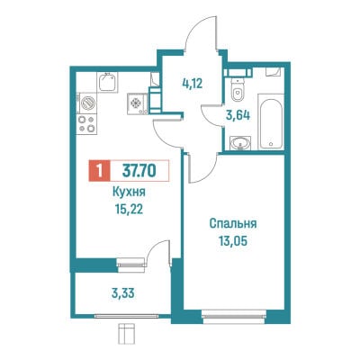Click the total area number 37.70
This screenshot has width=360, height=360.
pyautogui.click(x=139, y=171)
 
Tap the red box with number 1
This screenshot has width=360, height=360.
pyautogui.click(x=100, y=171)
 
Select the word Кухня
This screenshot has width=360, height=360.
pyautogui.click(x=129, y=192)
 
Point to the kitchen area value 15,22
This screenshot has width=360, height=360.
pyautogui.click(x=129, y=210)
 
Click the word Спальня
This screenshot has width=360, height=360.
pyautogui.click(x=233, y=224)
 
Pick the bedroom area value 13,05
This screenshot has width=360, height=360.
pyautogui.click(x=233, y=241)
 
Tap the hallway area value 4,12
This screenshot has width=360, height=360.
pyautogui.click(x=193, y=83)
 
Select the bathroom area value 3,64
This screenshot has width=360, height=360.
pyautogui.click(x=238, y=115)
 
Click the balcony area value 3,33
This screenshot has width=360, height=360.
pyautogui.click(x=122, y=293)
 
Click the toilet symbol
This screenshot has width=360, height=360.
pyautogui.click(x=238, y=90)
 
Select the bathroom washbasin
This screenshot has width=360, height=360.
pyautogui.click(x=240, y=142)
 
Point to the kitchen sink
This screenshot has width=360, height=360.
pyautogui.click(x=107, y=82)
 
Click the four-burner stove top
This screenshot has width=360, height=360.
pyautogui.click(x=86, y=124)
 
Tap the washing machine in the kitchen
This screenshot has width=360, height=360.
pyautogui.click(x=87, y=103)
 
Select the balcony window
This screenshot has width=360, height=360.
pyautogui.click(x=126, y=316)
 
